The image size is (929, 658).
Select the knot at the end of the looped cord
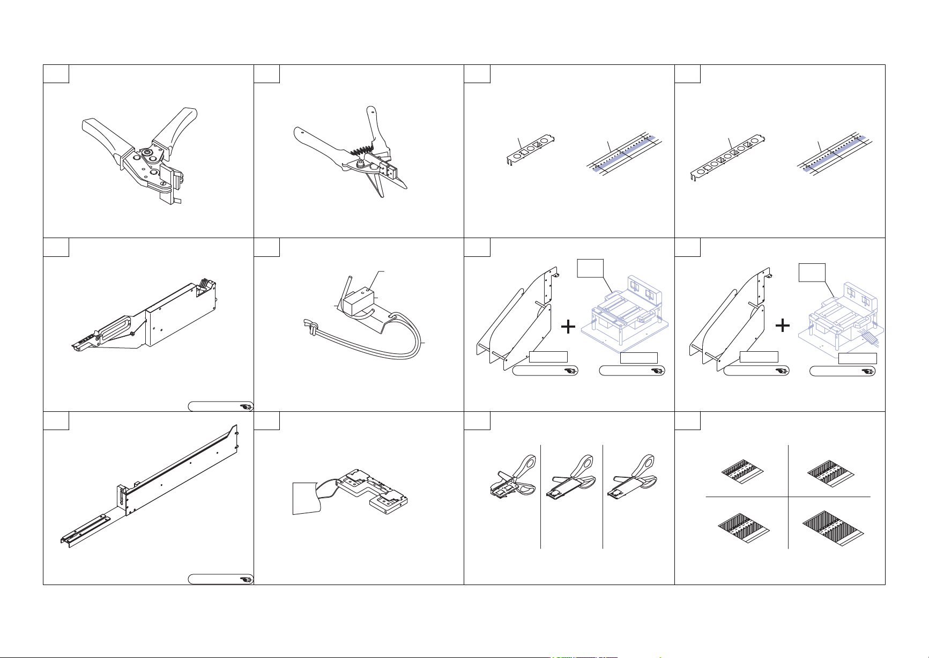(309, 326)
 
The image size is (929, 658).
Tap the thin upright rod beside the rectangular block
(345, 290)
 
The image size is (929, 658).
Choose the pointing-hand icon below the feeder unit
(246, 407)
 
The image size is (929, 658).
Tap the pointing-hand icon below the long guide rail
(246, 579)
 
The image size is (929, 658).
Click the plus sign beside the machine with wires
(783, 325)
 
